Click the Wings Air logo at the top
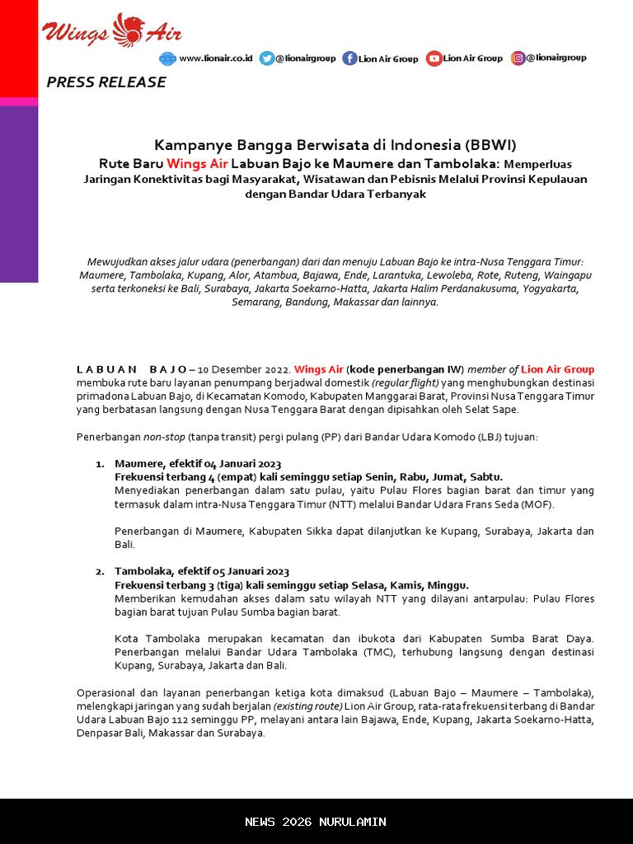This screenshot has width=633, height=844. pyautogui.click(x=112, y=31)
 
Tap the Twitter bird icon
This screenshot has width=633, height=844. pyautogui.click(x=266, y=59)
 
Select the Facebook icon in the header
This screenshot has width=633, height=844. pyautogui.click(x=349, y=59)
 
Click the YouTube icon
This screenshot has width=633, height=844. pyautogui.click(x=434, y=59)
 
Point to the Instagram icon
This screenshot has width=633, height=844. pyautogui.click(x=518, y=58)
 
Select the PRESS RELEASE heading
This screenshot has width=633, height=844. pyautogui.click(x=106, y=82)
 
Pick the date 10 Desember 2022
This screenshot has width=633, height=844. pyautogui.click(x=243, y=369)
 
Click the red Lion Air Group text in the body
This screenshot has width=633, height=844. pyautogui.click(x=557, y=369)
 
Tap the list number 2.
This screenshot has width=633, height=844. pyautogui.click(x=100, y=572)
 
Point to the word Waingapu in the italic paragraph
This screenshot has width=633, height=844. pyautogui.click(x=568, y=274)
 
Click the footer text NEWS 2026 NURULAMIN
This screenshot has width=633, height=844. pyautogui.click(x=316, y=822)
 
